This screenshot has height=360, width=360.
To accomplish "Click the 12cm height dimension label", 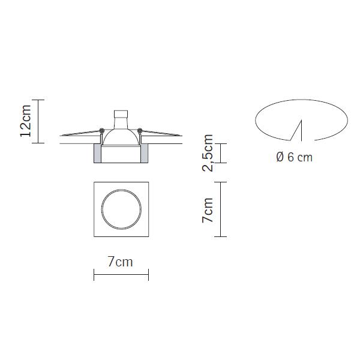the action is [x=25, y=121].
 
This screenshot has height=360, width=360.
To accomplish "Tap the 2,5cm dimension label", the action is [x=208, y=153].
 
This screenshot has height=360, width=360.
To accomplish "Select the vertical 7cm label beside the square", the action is [x=208, y=210].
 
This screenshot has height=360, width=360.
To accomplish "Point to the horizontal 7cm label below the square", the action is [x=121, y=262].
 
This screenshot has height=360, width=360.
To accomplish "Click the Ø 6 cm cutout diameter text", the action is [x=295, y=157].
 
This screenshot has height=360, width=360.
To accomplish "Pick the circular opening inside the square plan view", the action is [x=121, y=190].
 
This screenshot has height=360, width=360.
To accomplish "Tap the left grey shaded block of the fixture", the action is [x=97, y=154].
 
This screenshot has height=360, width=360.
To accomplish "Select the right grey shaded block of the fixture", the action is [x=145, y=154].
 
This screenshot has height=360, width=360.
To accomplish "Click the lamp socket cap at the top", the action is [x=121, y=114].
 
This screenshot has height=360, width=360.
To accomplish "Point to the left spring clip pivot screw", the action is [x=102, y=131].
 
